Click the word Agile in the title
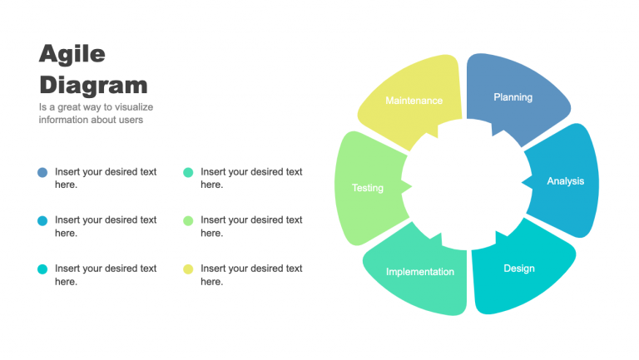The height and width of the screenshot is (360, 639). pyautogui.click(x=72, y=54)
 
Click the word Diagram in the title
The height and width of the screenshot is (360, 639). pyautogui.click(x=93, y=84)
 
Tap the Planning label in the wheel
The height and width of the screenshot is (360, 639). pyautogui.click(x=513, y=97)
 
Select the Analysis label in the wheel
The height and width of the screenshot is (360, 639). pyautogui.click(x=565, y=181)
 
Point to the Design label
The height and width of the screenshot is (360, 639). pyautogui.click(x=518, y=269)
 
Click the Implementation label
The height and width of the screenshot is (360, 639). pyautogui.click(x=420, y=272)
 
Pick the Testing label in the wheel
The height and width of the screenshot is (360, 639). pyautogui.click(x=367, y=188)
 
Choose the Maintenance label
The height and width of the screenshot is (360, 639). pyautogui.click(x=414, y=101)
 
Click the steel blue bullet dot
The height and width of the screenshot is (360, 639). pyautogui.click(x=42, y=172)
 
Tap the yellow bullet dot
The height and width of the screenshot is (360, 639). pyautogui.click(x=188, y=269)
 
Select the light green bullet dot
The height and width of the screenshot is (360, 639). pyautogui.click(x=188, y=220)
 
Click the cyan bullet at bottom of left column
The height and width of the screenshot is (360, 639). pyautogui.click(x=42, y=269)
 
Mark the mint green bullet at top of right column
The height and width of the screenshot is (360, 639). pyautogui.click(x=188, y=172)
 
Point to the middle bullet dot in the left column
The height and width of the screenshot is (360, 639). pyautogui.click(x=42, y=220)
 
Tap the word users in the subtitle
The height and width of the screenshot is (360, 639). pyautogui.click(x=131, y=120)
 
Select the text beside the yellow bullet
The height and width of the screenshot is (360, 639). pyautogui.click(x=251, y=275)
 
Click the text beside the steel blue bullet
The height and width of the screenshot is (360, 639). pyautogui.click(x=106, y=178)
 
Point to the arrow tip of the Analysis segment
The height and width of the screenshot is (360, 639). pyautogui.click(x=523, y=181)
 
